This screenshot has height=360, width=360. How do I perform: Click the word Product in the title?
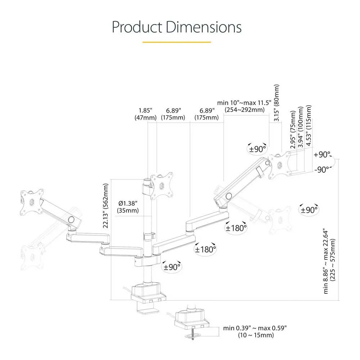pyautogui.click(x=137, y=27)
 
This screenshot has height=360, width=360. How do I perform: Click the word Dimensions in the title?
pyautogui.click(x=204, y=27)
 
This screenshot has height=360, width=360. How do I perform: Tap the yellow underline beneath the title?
pyautogui.click(x=176, y=42)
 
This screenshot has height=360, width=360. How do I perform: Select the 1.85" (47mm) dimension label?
pyautogui.click(x=145, y=114)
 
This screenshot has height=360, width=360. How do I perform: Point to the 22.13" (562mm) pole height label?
pyautogui.click(x=105, y=206)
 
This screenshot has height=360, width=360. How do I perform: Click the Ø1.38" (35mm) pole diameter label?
pyautogui.click(x=128, y=207)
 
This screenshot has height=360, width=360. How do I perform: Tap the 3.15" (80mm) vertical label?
pyautogui.click(x=276, y=103)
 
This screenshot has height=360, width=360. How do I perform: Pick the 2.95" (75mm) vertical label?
pyautogui.click(x=293, y=130)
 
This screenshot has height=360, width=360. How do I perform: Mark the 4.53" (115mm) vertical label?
pyautogui.click(x=309, y=125)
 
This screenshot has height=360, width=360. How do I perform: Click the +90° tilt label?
pyautogui.click(x=322, y=154)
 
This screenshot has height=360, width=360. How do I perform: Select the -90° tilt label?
pyautogui.click(x=322, y=170)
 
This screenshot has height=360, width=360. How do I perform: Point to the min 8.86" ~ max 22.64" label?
pyautogui.click(x=329, y=261)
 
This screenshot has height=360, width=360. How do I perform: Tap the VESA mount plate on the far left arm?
pyautogui.click(x=32, y=202)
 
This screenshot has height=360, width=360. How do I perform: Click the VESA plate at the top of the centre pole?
pyautogui.click(x=161, y=185)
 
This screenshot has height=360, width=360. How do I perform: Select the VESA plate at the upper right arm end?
pyautogui.click(x=279, y=165)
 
